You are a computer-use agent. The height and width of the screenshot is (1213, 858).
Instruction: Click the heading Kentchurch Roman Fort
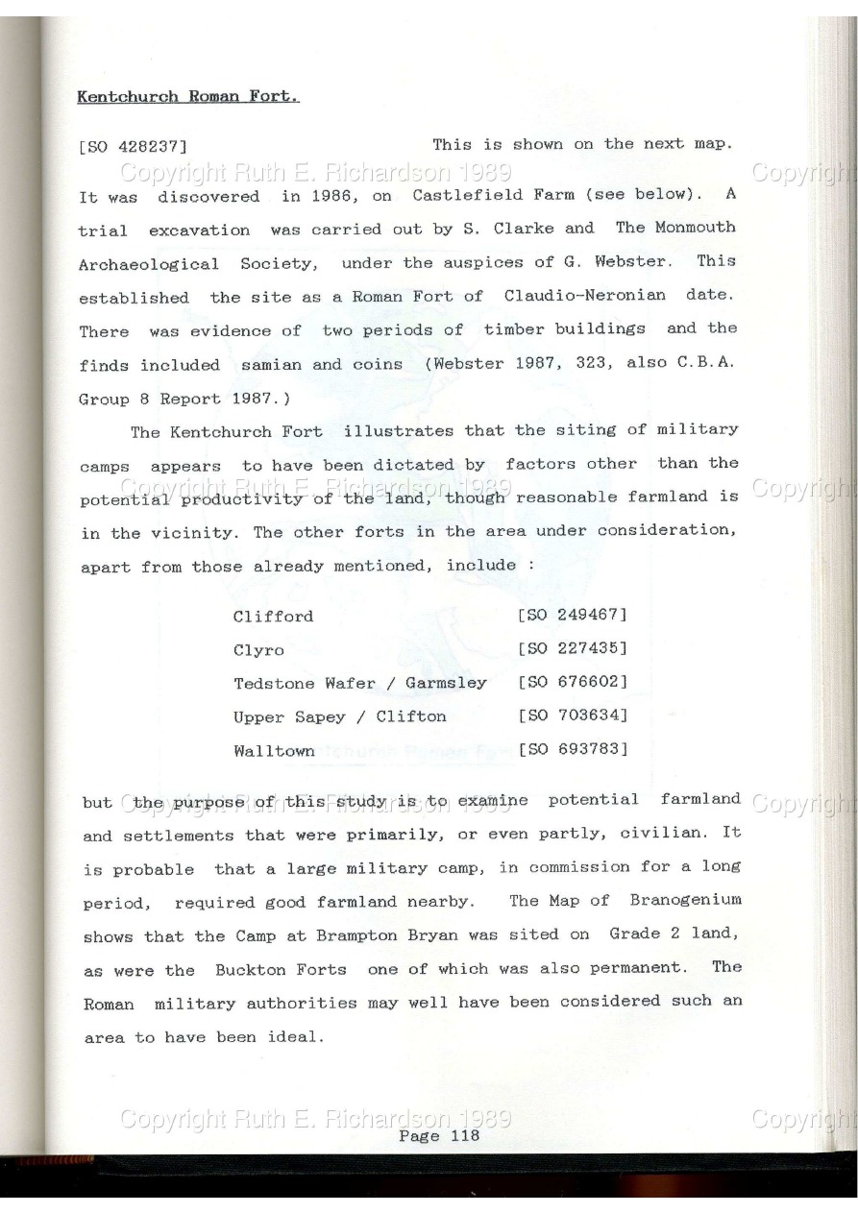pos(188,97)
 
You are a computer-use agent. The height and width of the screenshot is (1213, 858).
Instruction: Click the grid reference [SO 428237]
pos(132,147)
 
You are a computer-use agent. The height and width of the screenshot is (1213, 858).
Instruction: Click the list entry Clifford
pos(273,617)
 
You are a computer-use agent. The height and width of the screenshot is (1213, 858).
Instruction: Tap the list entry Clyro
pos(258,650)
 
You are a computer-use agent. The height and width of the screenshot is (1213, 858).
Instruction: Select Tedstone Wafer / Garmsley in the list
pos(360,683)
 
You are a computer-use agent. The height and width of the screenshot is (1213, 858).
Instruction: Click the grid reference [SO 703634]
pos(572,716)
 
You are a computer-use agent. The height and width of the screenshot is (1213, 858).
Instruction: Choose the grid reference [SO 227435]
pos(572,649)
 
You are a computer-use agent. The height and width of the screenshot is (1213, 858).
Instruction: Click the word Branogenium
pos(685,900)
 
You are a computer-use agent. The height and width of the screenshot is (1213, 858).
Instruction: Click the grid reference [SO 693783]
pos(572,748)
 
